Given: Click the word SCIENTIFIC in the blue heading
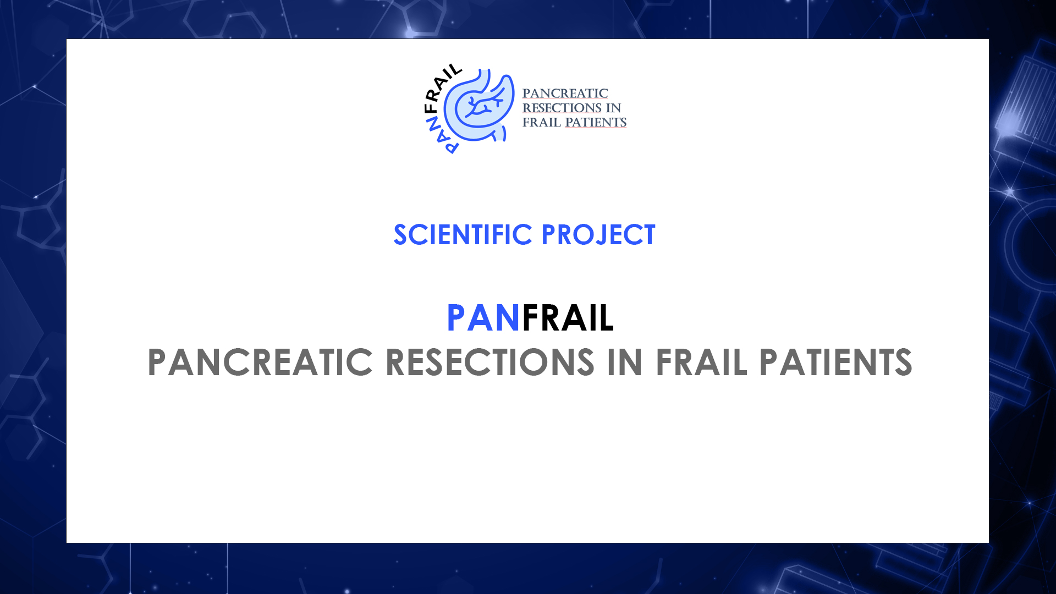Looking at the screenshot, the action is [x=463, y=235].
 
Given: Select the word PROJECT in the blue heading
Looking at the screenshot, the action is [x=598, y=235].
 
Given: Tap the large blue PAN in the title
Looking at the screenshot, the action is [x=483, y=318].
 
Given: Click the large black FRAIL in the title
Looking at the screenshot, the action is [x=568, y=318].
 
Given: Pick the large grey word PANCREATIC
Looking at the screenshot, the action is [x=260, y=362].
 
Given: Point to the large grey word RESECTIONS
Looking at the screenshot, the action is [x=490, y=362].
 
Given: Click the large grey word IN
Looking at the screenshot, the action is [x=625, y=362].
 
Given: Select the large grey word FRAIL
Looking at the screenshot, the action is [x=701, y=362].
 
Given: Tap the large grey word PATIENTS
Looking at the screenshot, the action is [x=836, y=362].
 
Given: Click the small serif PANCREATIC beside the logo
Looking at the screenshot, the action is [x=565, y=94].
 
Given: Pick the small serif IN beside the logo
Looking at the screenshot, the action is [x=613, y=108].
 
